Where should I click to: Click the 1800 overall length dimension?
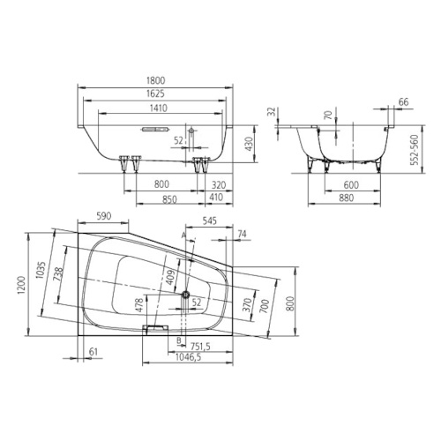point(156,80)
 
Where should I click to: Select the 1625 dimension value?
point(156,93)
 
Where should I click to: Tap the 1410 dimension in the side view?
point(159,108)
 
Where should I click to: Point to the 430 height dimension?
point(249,144)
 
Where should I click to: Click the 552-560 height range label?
point(414,150)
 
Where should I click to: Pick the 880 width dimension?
point(346,198)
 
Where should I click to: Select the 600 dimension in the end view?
point(351,185)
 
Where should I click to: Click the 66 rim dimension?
point(404,101)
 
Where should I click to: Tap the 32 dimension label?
point(273,112)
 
